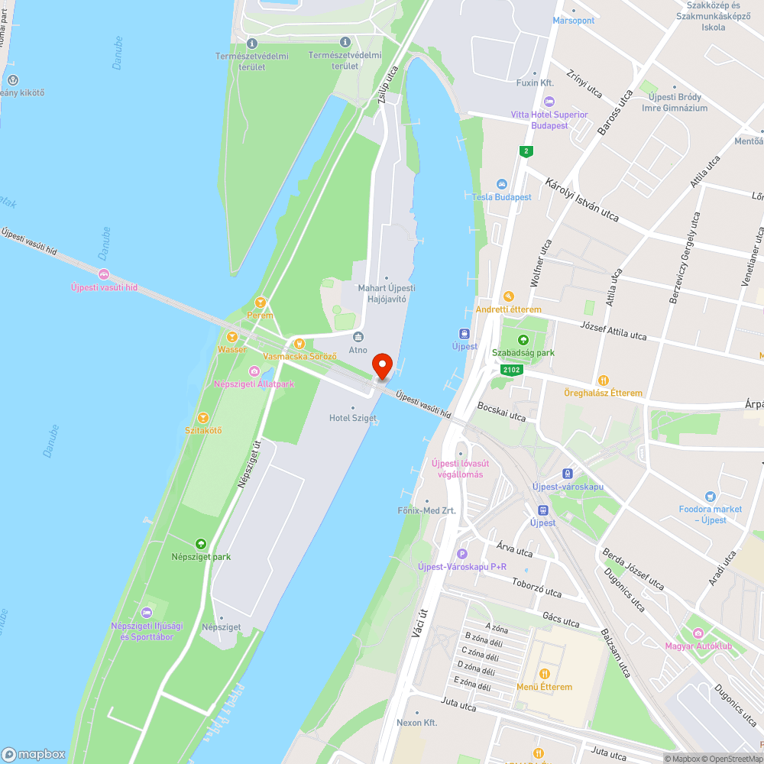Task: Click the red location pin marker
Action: click(381, 364)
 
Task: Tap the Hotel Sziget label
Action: click(353, 418)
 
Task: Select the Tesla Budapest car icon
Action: click(501, 184)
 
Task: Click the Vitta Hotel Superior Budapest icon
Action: click(548, 102)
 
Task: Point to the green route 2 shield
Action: click(526, 151)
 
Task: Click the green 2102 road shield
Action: click(511, 371)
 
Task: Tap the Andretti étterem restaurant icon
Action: click(508, 296)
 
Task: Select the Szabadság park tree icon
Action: click(523, 340)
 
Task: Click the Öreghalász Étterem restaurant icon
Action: click(603, 380)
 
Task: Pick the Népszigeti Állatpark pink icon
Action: click(254, 371)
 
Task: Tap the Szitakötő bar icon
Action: click(203, 417)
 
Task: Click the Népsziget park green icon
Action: click(201, 544)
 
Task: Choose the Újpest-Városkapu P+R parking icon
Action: click(461, 554)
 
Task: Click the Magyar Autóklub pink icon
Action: click(698, 633)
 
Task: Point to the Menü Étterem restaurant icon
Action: click(545, 674)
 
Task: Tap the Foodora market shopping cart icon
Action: click(711, 497)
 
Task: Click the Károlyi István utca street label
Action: click(582, 200)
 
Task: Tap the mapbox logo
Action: click(34, 753)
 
